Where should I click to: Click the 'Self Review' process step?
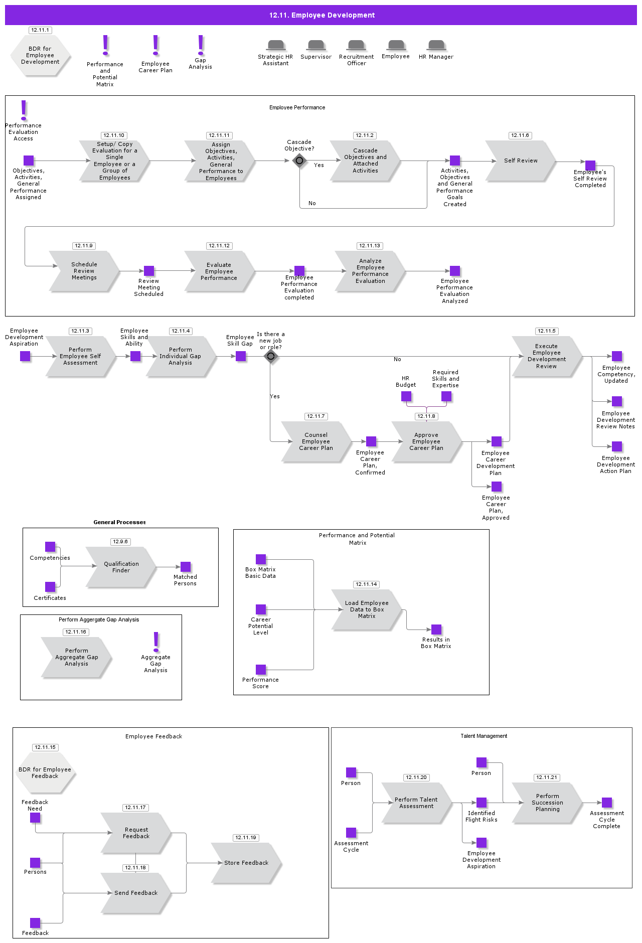[520, 161]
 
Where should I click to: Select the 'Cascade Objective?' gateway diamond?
[299, 161]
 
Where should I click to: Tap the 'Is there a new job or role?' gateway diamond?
[271, 357]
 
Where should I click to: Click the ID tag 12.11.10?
[114, 135]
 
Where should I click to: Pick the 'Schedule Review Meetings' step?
[84, 271]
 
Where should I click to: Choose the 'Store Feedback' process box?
[246, 863]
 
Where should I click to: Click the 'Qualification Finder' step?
[121, 567]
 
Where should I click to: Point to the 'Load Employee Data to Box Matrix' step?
[367, 610]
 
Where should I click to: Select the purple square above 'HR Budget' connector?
[406, 397]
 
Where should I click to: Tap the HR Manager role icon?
[436, 46]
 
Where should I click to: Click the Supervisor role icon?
[316, 46]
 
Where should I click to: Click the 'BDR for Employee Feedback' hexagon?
[45, 773]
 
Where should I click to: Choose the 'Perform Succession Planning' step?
[547, 803]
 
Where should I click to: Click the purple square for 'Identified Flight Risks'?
[481, 803]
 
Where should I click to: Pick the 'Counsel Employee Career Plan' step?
[316, 442]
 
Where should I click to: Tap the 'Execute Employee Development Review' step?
[546, 357]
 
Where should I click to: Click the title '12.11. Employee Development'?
[322, 15]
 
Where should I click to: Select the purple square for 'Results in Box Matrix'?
[436, 630]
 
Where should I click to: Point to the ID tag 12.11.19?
[246, 838]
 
